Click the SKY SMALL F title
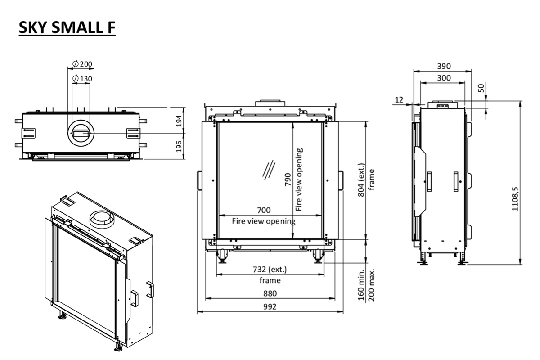(x=67, y=27)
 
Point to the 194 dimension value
(x=179, y=121)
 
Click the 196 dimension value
(x=179, y=146)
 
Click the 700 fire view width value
(x=264, y=210)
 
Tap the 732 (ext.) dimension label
(x=270, y=270)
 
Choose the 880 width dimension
(x=270, y=293)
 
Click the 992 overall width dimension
(x=270, y=307)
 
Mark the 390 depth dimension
(x=444, y=66)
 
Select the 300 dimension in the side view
(x=444, y=78)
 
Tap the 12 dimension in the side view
(x=400, y=99)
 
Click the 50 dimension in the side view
(x=482, y=87)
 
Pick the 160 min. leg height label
(x=362, y=285)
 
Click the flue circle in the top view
(x=81, y=133)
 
